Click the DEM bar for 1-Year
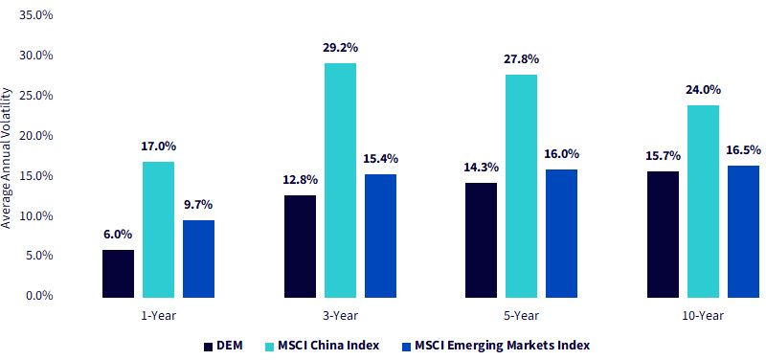pos(118,274)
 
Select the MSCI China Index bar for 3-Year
pos(340,180)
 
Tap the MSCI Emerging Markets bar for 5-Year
pos(562,234)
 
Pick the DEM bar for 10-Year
pos(663,235)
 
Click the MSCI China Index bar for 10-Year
pos(703,201)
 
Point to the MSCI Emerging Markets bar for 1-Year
pos(199,259)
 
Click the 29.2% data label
pos(340,48)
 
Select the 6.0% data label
pos(118,235)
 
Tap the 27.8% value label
pos(522,59)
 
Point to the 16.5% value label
pos(744,150)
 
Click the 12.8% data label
pos(301,180)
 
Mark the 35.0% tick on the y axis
pos(35,15)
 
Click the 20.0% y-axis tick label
pos(35,135)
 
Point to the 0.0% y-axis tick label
pos(38,296)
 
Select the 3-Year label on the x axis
pos(340,316)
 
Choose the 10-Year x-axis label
pos(703,316)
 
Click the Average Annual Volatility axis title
pos(7,158)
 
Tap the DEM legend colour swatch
pos(209,347)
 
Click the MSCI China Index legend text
pos(328,346)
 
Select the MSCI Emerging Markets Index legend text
pos(502,346)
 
